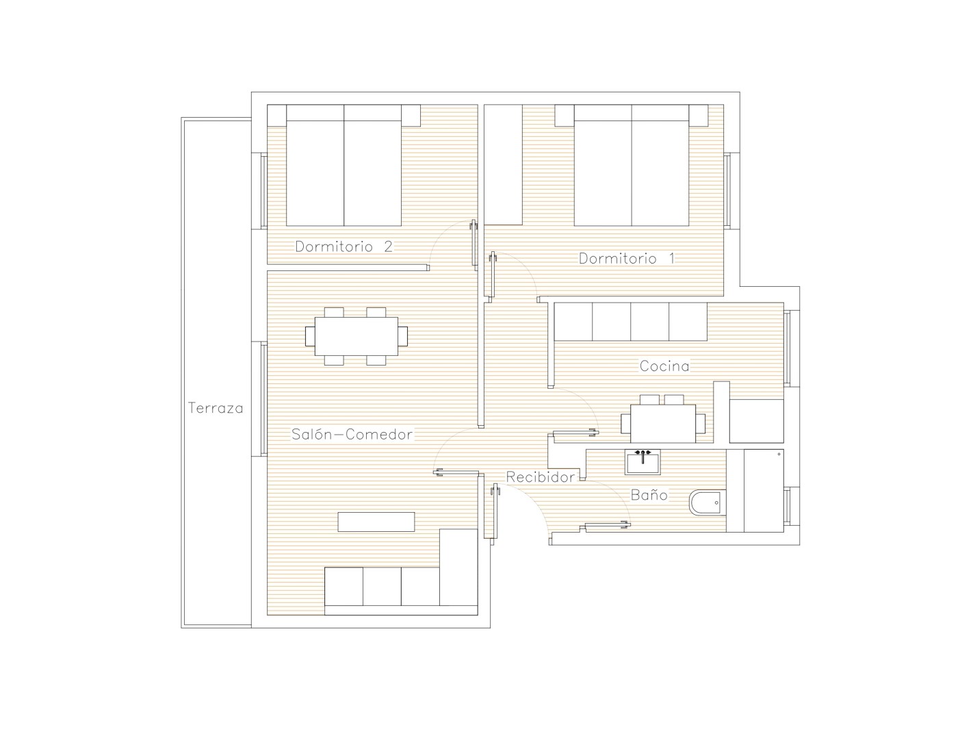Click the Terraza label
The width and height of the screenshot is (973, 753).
tap(216, 408)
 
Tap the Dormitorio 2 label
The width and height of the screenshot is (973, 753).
tap(344, 246)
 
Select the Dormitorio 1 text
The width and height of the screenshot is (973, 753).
tap(626, 259)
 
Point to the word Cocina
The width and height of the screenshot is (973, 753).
tap(664, 366)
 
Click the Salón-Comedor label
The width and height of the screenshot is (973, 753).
tap(352, 434)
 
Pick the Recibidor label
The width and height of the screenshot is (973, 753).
tap(540, 477)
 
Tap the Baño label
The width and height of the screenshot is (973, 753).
tap(649, 494)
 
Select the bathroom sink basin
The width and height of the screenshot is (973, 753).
tap(643, 462)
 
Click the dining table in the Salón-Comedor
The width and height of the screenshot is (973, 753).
tap(356, 336)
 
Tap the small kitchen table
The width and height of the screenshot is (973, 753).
tap(663, 423)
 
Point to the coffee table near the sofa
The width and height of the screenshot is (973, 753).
tap(376, 522)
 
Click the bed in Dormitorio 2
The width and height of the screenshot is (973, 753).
tap(344, 165)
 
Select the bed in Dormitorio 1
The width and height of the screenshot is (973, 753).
tap(632, 165)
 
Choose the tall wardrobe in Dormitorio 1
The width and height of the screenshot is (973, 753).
tap(504, 165)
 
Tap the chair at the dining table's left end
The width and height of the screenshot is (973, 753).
tap(310, 336)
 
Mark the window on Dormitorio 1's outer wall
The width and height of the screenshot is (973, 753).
tap(728, 191)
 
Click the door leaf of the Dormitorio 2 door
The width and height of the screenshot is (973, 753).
tap(473, 244)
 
